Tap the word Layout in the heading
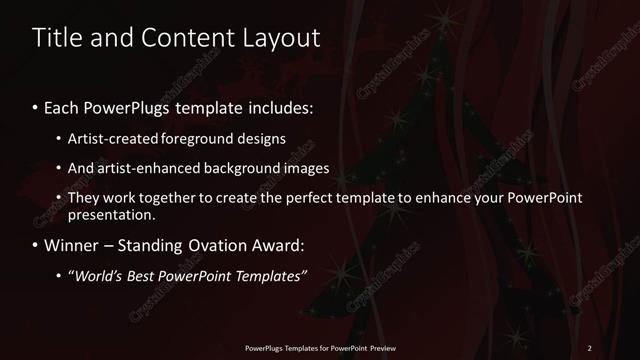tap(278, 38)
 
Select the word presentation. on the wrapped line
tap(112, 214)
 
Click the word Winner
tap(70, 245)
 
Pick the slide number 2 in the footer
tap(590, 348)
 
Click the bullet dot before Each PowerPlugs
tap(36, 107)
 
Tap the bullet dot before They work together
tap(61, 199)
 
